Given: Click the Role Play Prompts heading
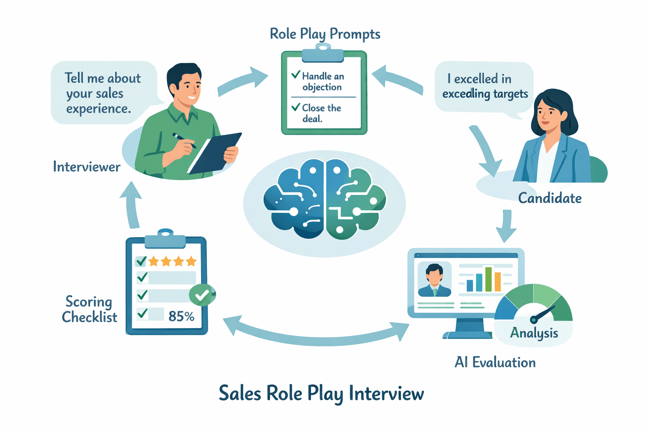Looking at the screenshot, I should click(x=325, y=34).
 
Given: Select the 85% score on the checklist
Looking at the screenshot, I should click(x=181, y=316).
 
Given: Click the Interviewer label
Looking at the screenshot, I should click(x=87, y=167).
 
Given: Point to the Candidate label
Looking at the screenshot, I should click(x=550, y=198).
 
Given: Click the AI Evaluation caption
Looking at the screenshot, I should click(x=495, y=362).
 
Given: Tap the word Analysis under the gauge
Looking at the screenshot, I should click(x=534, y=333).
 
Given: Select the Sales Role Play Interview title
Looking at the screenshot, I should click(x=321, y=393).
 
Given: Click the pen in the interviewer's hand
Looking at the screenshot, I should click(x=184, y=141).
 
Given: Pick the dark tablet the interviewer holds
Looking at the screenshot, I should click(x=215, y=153).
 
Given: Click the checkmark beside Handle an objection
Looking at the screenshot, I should click(x=296, y=75).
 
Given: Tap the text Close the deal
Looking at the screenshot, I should click(x=321, y=113).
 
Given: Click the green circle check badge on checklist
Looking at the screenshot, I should click(x=202, y=295).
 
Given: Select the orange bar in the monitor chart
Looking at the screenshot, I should click(x=498, y=282).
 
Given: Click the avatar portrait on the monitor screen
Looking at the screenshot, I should click(x=434, y=279).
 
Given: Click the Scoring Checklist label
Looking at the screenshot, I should click(x=89, y=310).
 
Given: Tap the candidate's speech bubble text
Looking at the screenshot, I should click(x=485, y=86).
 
